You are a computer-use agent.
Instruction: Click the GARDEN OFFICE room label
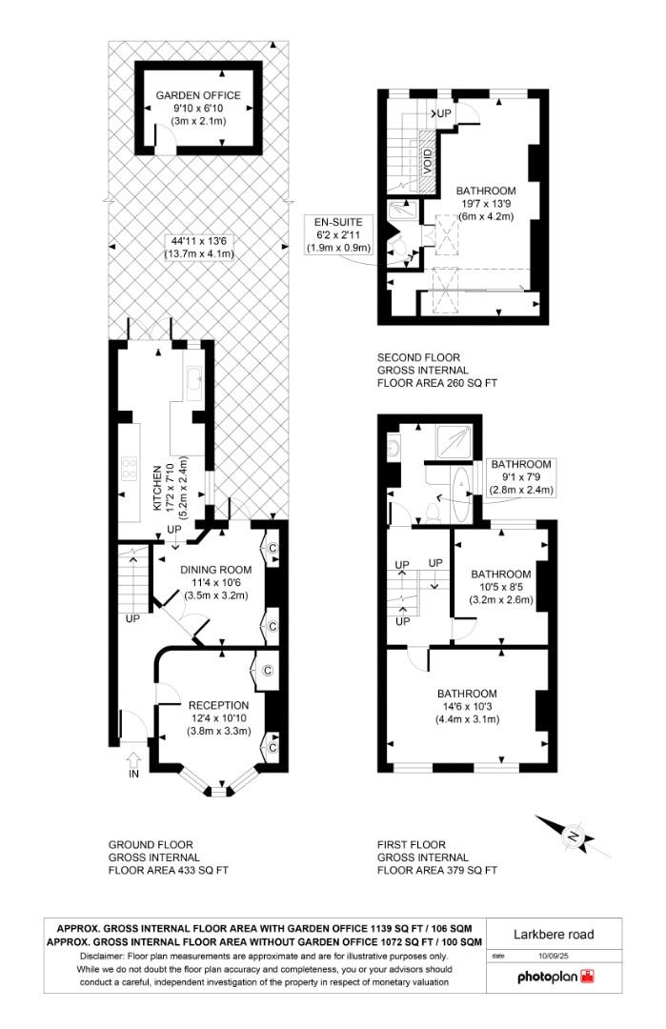(199, 95)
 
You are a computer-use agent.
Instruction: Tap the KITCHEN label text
(158, 487)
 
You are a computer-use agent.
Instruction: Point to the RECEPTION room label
(218, 705)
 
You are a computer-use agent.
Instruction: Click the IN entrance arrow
(132, 761)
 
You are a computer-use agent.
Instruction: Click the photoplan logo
(555, 977)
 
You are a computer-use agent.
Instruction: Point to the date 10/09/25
(552, 955)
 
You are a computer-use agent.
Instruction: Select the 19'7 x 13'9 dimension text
(485, 203)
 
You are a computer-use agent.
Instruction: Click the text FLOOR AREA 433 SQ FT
(169, 870)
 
